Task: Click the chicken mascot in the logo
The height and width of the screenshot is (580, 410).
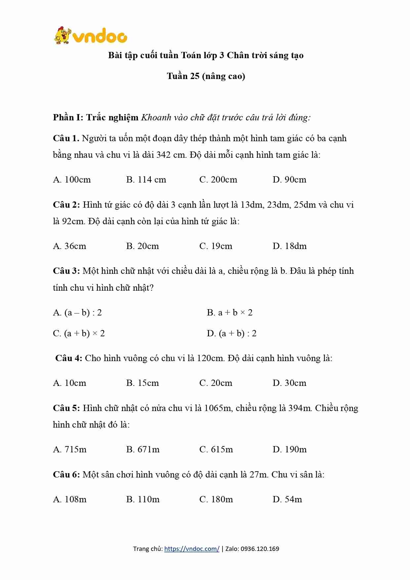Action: (x=62, y=36)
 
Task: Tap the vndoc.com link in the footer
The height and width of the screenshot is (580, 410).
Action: (x=191, y=549)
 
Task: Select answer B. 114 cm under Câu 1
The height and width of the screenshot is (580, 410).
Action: (x=146, y=180)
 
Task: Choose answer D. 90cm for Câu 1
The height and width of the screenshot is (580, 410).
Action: (x=289, y=180)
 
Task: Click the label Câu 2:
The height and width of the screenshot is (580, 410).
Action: (x=66, y=205)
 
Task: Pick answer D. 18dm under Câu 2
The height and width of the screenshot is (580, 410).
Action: (x=289, y=246)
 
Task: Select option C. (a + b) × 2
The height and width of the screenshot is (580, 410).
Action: (x=79, y=333)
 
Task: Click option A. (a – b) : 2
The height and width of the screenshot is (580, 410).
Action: (x=77, y=312)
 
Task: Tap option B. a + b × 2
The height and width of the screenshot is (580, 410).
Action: (x=229, y=312)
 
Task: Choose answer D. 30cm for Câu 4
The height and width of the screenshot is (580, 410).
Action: (x=289, y=383)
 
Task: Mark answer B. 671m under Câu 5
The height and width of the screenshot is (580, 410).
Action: (x=143, y=449)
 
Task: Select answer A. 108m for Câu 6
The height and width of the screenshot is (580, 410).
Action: (x=70, y=499)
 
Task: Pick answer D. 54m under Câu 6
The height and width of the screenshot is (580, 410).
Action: (x=287, y=499)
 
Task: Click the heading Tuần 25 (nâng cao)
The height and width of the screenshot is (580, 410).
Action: (x=206, y=76)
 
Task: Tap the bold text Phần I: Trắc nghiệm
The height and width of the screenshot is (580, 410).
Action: (x=96, y=117)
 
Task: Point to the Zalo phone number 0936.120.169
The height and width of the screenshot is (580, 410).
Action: (x=260, y=549)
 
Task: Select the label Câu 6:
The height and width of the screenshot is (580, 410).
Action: (x=66, y=475)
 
